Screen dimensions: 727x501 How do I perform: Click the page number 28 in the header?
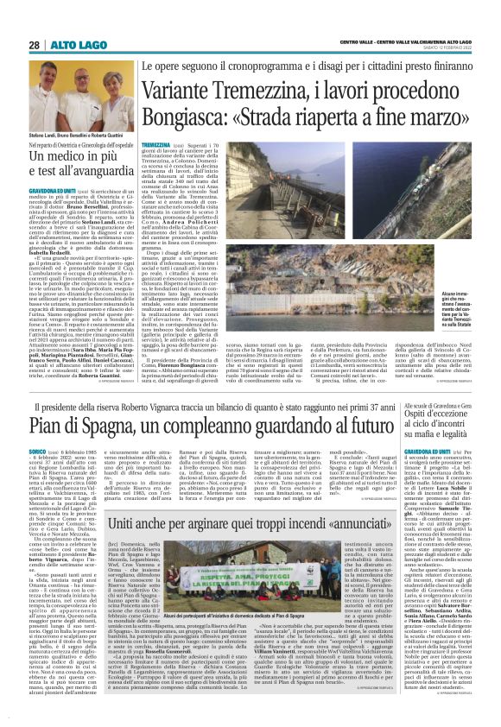(x=35, y=45)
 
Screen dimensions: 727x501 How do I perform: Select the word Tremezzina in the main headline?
(x=272, y=89)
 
